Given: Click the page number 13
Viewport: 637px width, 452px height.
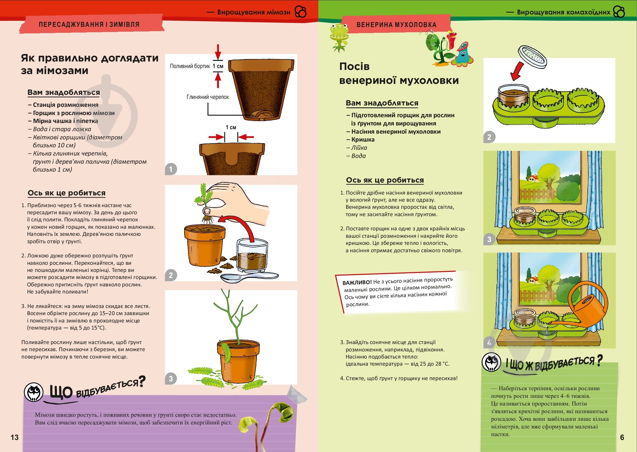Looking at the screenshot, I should [x=14, y=437].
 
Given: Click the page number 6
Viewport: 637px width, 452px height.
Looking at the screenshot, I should [x=622, y=437].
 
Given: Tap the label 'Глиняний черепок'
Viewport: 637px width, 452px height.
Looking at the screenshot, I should [x=207, y=97].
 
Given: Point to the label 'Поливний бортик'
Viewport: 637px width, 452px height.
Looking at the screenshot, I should [x=190, y=66].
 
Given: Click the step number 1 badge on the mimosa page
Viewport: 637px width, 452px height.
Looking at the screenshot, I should [x=171, y=169].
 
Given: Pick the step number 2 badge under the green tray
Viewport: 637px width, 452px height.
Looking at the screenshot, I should [x=489, y=137].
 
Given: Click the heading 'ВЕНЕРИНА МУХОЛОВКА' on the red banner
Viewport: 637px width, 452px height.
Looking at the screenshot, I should [x=396, y=25].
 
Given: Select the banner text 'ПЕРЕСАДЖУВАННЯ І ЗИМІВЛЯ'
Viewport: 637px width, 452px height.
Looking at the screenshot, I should [x=89, y=25].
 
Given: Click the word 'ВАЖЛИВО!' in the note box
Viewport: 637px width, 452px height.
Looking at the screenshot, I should [x=357, y=283].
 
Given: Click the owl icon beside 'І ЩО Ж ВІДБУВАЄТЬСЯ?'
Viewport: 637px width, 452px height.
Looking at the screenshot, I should [x=491, y=362].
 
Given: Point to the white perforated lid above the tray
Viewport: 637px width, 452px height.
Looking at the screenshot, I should [x=532, y=57].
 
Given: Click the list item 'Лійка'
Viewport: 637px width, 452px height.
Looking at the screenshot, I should [x=359, y=148].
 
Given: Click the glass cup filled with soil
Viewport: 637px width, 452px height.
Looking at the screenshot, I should [x=252, y=255].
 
